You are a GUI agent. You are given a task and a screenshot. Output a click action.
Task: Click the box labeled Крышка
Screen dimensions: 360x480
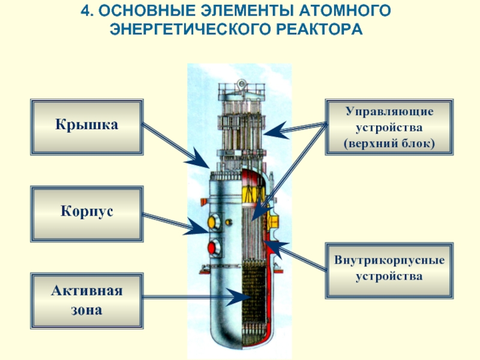[87, 126]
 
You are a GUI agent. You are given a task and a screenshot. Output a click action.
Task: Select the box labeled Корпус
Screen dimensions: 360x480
[87, 213]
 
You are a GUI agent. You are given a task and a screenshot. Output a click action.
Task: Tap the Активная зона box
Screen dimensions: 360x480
[87, 301]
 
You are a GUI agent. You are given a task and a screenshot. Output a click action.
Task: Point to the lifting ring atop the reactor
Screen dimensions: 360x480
[241, 84]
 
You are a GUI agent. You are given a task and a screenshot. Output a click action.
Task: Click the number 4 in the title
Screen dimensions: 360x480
[85, 10]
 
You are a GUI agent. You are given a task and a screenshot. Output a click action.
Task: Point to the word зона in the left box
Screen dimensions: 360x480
[86, 311]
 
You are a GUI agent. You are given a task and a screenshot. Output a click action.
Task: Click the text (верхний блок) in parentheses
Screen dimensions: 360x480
[389, 144]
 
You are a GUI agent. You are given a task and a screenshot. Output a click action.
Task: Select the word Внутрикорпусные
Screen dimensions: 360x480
[389, 262]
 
